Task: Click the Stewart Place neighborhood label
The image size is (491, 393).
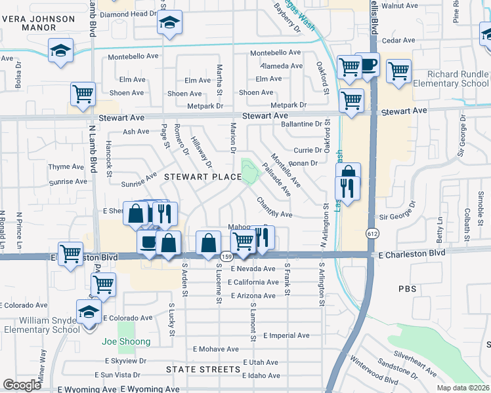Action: (x=202, y=177)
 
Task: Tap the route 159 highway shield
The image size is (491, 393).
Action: (x=225, y=256)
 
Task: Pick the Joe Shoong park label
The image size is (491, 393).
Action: (x=127, y=341)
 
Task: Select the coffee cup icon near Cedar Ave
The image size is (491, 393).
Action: (x=368, y=64)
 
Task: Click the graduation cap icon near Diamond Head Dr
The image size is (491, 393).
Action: (x=169, y=23)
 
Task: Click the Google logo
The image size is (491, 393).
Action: (x=22, y=385)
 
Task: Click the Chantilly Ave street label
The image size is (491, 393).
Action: (x=274, y=208)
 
